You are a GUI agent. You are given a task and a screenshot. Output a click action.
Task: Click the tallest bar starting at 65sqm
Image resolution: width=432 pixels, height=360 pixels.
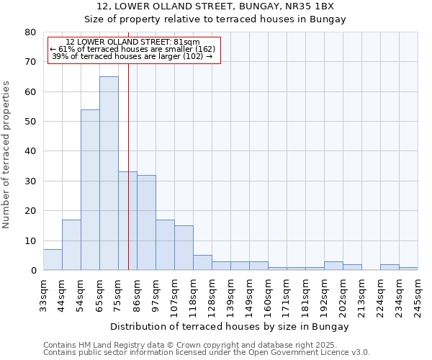click(109, 173)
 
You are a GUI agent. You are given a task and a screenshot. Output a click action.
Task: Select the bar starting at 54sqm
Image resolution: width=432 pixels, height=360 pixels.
click(90, 189)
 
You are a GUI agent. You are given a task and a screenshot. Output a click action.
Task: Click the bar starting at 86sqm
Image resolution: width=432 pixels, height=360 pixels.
click(146, 222)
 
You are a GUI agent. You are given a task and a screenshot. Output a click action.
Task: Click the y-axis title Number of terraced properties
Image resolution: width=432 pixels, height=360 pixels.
click(7, 154)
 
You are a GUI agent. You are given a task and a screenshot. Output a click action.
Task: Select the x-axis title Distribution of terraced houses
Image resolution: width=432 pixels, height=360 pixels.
click(230, 326)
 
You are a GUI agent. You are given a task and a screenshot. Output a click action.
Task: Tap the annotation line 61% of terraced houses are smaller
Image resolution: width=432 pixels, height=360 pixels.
click(132, 49)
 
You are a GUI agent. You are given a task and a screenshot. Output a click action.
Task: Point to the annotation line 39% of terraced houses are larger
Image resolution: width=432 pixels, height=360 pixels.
click(132, 56)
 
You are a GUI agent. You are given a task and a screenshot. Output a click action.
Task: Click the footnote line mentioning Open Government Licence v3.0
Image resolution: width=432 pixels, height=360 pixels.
click(207, 352)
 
